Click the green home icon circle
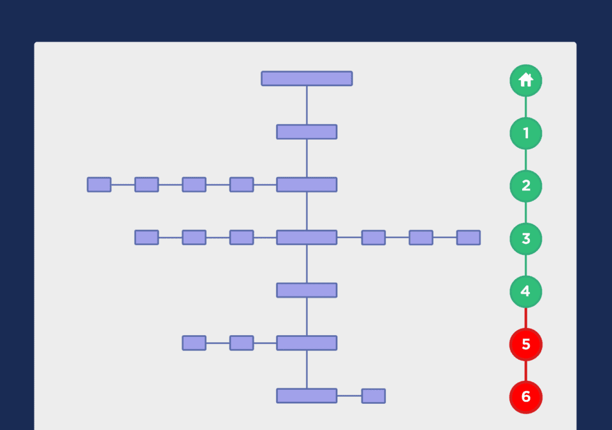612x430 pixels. tap(526, 80)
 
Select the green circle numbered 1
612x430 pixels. tap(526, 133)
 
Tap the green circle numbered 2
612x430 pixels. tap(526, 186)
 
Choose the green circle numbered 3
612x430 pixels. tap(526, 239)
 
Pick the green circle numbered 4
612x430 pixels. tap(526, 292)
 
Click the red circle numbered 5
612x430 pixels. tap(526, 344)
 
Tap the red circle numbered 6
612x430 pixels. tap(526, 397)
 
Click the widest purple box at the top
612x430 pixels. tap(307, 78)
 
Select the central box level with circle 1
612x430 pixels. tap(307, 132)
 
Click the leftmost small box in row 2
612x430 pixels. tap(99, 185)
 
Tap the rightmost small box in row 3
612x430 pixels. tap(469, 238)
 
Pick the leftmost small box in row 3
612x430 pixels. tap(147, 238)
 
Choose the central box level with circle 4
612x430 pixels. tap(307, 290)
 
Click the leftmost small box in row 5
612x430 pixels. tap(194, 343)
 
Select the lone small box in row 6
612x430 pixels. tap(374, 396)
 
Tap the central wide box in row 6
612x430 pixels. tap(307, 396)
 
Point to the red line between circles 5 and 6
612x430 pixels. tap(526, 371)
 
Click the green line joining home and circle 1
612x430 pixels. tap(526, 107)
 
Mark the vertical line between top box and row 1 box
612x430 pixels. tap(307, 105)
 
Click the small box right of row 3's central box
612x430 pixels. tap(374, 238)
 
